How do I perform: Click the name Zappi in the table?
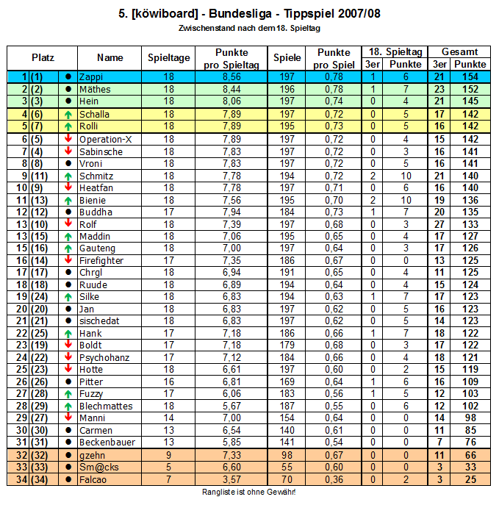tap(90, 77)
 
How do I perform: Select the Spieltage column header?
tap(169, 57)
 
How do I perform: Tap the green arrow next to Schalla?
tap(68, 114)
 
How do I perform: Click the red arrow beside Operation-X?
tap(68, 139)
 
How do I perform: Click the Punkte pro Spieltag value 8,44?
tap(231, 90)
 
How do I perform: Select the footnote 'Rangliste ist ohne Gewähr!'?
tap(249, 492)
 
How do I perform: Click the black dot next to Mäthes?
tap(68, 90)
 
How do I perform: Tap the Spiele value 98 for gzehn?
tap(287, 455)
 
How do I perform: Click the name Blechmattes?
tap(105, 406)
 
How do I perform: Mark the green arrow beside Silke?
tap(68, 296)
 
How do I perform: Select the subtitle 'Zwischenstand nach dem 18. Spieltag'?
tap(249, 29)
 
